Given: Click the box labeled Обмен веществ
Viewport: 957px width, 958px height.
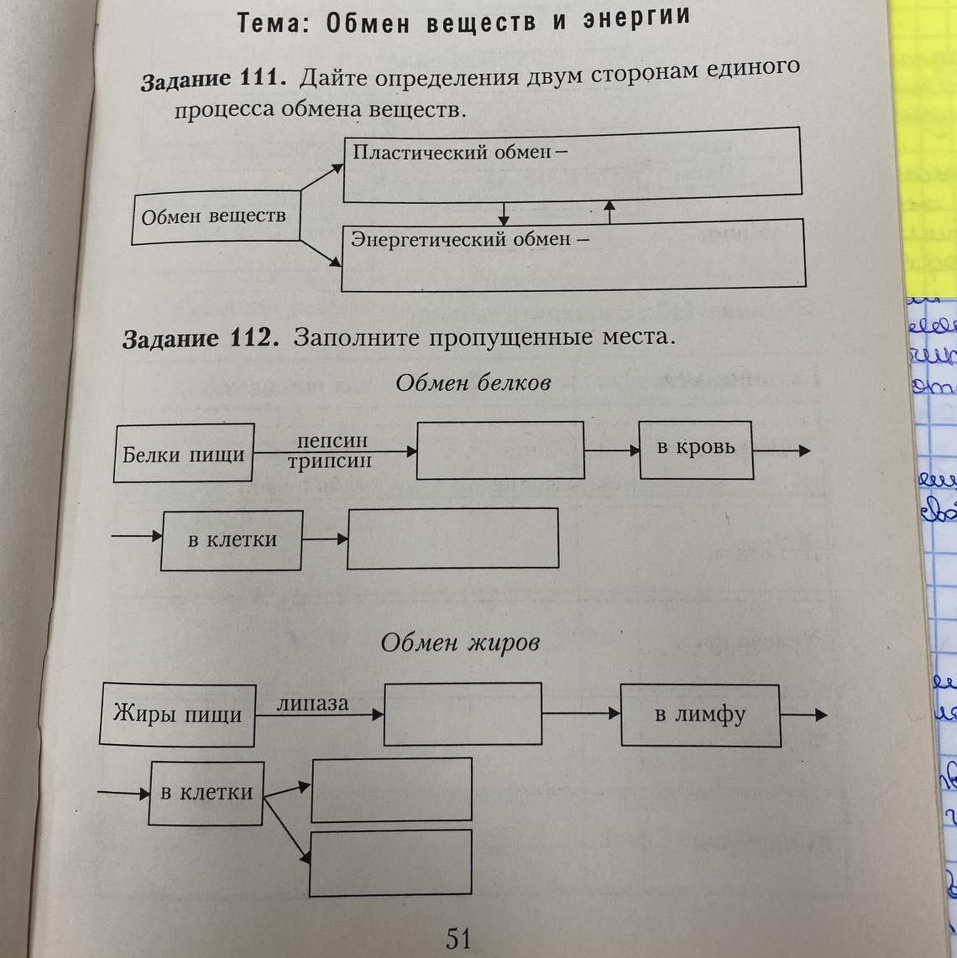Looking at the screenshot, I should point(215,217).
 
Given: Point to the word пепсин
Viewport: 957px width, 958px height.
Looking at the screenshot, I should point(332,441).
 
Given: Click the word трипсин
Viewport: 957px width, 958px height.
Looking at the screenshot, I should point(330,461).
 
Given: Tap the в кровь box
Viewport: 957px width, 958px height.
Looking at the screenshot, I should point(696,449).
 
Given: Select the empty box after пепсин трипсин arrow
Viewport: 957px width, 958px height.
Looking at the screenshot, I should point(500,450).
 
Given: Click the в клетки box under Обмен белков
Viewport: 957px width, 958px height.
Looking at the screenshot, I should point(232,540).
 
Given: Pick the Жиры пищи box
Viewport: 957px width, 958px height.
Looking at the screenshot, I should point(177,716).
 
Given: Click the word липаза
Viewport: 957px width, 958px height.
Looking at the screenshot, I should point(313,703).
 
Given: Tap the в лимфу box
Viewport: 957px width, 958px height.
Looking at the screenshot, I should point(700,716).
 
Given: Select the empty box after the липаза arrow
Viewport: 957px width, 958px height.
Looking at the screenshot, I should point(463,714).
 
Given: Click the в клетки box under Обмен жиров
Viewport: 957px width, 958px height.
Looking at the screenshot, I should point(207,793).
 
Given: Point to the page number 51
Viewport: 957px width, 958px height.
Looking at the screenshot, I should point(458,938).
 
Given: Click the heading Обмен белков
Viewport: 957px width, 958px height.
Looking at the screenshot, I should point(473,383).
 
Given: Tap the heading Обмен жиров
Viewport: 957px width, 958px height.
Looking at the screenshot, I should point(460,643).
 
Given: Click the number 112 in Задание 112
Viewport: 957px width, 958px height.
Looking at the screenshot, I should point(251,338).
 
